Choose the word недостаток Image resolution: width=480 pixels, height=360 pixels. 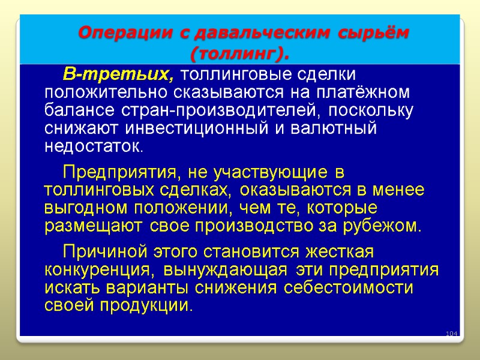pyautogui.click(x=94, y=146)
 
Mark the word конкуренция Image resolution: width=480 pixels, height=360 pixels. pyautogui.click(x=100, y=270)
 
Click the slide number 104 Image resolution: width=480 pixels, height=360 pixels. pyautogui.click(x=451, y=334)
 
